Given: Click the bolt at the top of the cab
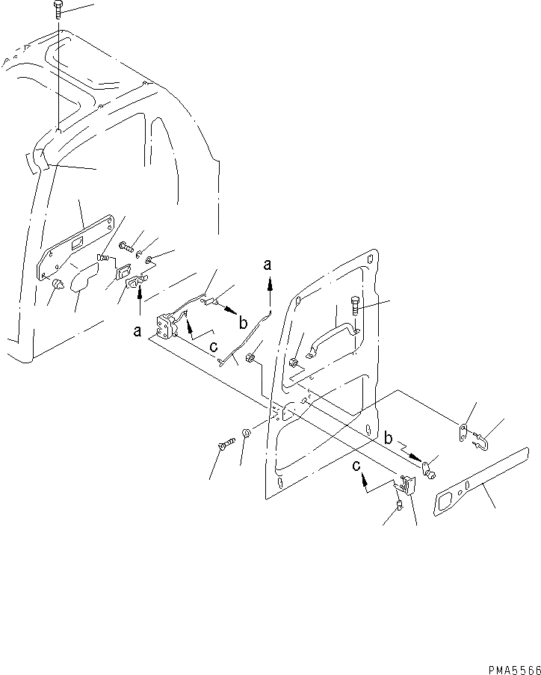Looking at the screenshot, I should coord(58,10).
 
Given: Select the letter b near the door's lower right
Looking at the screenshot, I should coord(389,437).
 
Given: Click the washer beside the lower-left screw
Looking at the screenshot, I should coord(247,434).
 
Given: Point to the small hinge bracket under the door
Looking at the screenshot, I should coord(406,486).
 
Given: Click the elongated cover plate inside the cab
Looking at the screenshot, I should coord(75,247).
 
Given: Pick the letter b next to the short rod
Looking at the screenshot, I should coord(243,324).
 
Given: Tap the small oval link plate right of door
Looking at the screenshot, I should coord(463,431).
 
